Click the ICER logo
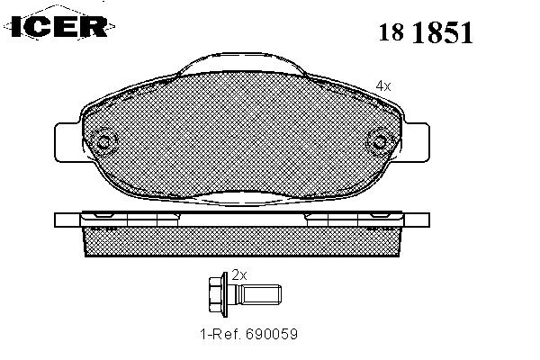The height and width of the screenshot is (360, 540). (59, 25)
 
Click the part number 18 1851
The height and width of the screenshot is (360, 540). (426, 32)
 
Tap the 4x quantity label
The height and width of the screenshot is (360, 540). (383, 85)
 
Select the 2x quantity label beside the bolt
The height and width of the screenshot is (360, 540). (239, 274)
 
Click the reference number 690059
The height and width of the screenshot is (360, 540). (272, 334)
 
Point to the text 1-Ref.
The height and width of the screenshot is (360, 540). (220, 334)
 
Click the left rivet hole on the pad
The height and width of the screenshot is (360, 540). (103, 142)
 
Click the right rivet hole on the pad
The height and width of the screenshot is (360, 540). (380, 142)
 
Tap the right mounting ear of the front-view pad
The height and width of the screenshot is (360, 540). (417, 142)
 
